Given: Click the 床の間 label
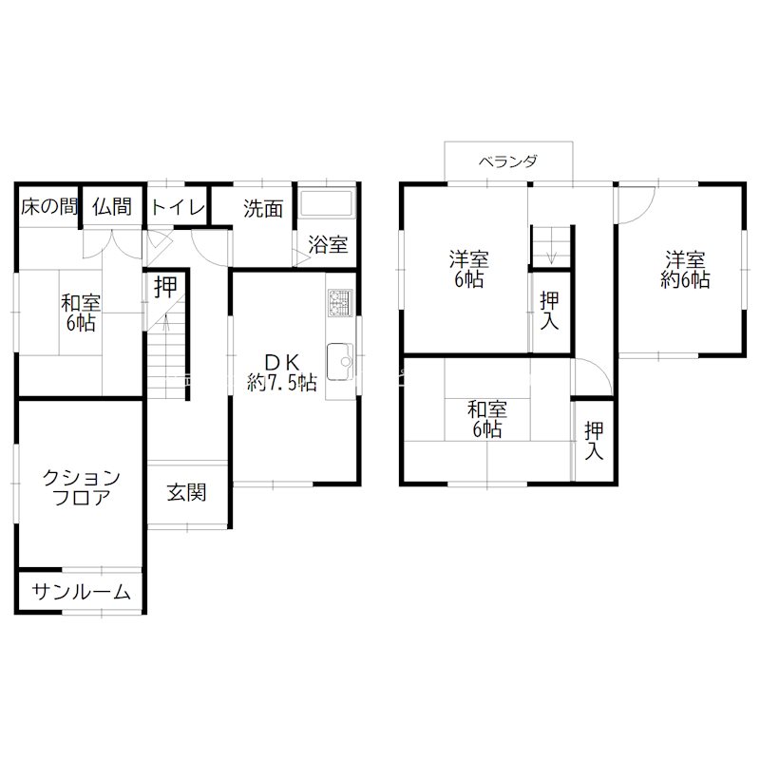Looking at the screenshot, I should (48, 208).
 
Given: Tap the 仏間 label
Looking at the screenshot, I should (111, 208).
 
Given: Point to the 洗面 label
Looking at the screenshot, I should (262, 208).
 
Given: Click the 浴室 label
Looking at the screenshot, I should (328, 244).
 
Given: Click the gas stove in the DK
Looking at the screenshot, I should (340, 302).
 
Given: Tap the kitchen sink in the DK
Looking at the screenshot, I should (340, 362).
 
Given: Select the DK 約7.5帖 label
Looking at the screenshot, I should (281, 372).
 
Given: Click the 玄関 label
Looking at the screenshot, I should (187, 493).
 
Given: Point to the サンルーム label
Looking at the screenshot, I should (82, 592).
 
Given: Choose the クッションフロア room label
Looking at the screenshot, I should (80, 486).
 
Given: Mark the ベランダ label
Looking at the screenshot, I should (508, 161).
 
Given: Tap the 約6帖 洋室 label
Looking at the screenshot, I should (686, 270).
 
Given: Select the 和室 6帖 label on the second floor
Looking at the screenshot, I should (486, 420).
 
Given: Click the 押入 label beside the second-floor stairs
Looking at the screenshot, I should (549, 311).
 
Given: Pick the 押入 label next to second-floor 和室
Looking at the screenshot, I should (594, 441).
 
